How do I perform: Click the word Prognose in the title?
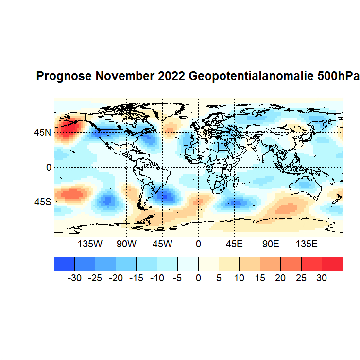(64, 77)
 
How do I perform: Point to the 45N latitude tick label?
(42, 132)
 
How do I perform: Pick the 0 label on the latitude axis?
(49, 167)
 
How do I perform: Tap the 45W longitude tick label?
(162, 244)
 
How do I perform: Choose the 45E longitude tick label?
(234, 244)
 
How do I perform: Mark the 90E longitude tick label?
(270, 244)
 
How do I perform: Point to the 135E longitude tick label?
(306, 244)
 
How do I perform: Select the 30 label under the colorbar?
(322, 278)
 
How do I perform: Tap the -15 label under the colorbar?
(136, 278)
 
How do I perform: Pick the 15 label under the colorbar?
(260, 278)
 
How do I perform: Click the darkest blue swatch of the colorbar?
(64, 264)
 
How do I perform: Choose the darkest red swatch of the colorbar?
(332, 264)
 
